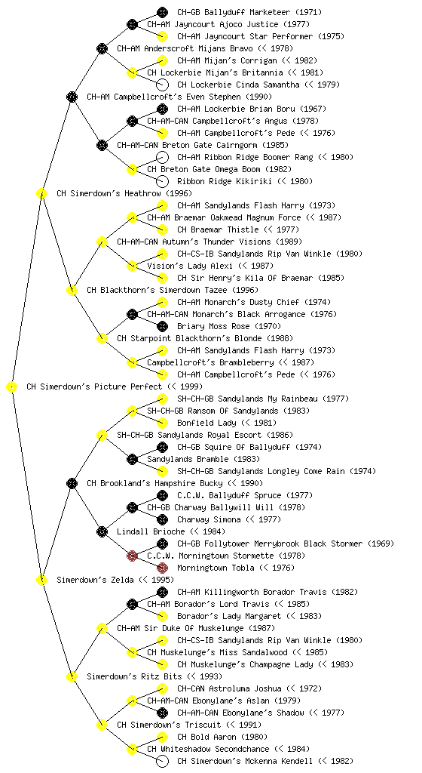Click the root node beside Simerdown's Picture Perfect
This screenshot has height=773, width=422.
[12, 387]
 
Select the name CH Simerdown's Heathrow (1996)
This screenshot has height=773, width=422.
[124, 194]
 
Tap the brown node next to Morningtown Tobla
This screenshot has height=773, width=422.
[162, 568]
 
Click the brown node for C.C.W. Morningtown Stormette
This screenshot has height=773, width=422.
[132, 556]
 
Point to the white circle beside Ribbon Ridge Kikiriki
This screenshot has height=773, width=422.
[162, 181]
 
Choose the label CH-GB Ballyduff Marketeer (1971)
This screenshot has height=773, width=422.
[249, 12]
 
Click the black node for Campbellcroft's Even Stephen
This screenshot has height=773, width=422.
[72, 97]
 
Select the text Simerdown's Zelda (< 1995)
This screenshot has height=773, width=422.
[115, 581]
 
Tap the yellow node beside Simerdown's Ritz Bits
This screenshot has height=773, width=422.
[72, 677]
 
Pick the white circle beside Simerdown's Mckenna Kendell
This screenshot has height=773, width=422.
[162, 761]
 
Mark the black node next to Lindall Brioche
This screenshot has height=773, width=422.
[102, 532]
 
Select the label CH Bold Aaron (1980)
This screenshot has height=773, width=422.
[222, 737]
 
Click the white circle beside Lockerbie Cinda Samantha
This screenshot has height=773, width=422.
[162, 85]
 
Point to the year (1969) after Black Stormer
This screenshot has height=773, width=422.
[381, 544]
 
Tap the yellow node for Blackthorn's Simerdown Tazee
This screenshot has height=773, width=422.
[72, 291]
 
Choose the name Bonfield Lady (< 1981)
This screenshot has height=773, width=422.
[227, 423]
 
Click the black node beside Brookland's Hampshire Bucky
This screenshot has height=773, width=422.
[72, 484]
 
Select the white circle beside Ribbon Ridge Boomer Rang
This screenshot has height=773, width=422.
[162, 157]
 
